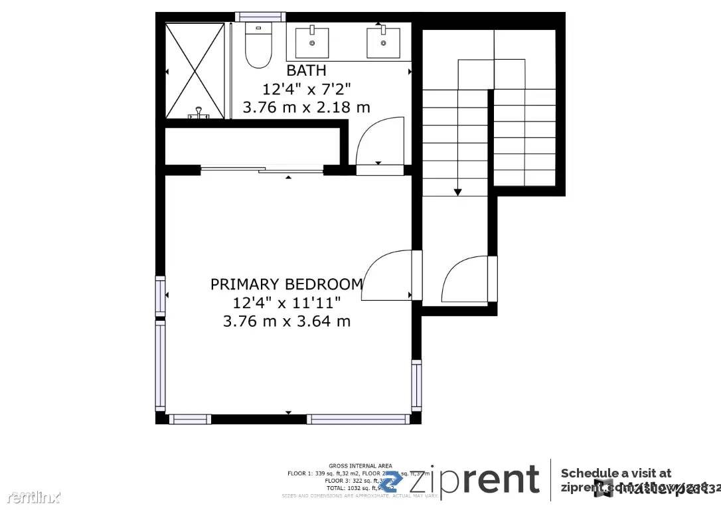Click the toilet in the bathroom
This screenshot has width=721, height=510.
[258, 46]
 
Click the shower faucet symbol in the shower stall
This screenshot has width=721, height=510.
[199, 114]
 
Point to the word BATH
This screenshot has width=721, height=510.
[306, 70]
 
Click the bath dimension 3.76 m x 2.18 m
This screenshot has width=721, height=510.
[306, 107]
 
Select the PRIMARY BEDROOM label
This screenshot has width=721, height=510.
[287, 284]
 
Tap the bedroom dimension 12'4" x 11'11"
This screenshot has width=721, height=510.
[287, 303]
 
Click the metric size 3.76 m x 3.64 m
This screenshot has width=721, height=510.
[287, 321]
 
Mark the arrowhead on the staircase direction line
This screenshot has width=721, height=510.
[457, 192]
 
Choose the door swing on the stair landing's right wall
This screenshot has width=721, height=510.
[465, 278]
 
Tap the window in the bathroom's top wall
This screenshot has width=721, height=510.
[260, 17]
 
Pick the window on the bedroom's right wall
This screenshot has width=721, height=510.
[416, 384]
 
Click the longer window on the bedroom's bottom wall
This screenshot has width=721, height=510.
[359, 419]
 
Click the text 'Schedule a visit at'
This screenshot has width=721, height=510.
[615, 473]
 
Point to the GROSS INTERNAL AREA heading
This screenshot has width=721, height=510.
[360, 466]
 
